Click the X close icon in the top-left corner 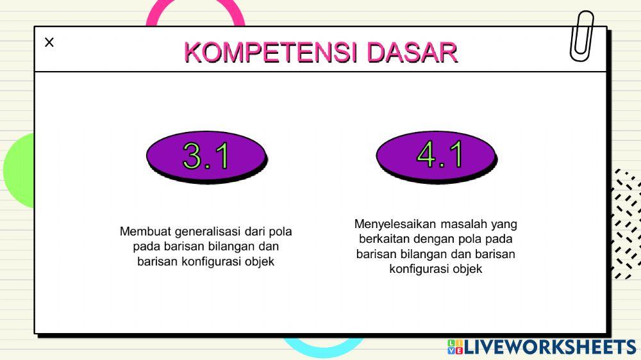click(x=49, y=42)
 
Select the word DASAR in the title click(x=412, y=52)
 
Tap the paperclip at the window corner click(x=581, y=37)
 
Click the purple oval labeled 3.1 click(x=206, y=156)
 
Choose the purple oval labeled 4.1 click(x=436, y=156)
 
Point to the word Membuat click(x=145, y=231)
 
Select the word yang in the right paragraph click(x=504, y=225)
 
